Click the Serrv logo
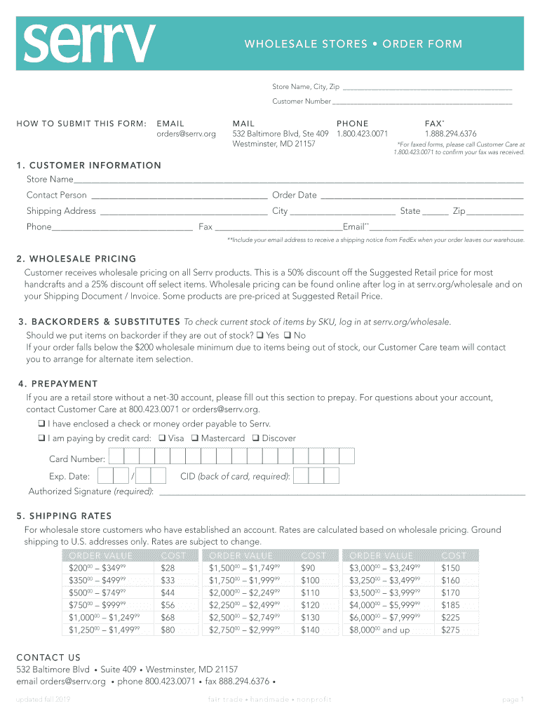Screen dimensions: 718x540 coord(89,43)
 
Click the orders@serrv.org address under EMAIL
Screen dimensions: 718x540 coord(186,133)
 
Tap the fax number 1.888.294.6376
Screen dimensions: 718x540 coord(450,133)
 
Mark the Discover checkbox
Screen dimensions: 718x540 coord(256,438)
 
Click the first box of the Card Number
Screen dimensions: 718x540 coord(116,457)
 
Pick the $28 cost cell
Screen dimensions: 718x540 coord(168,568)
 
